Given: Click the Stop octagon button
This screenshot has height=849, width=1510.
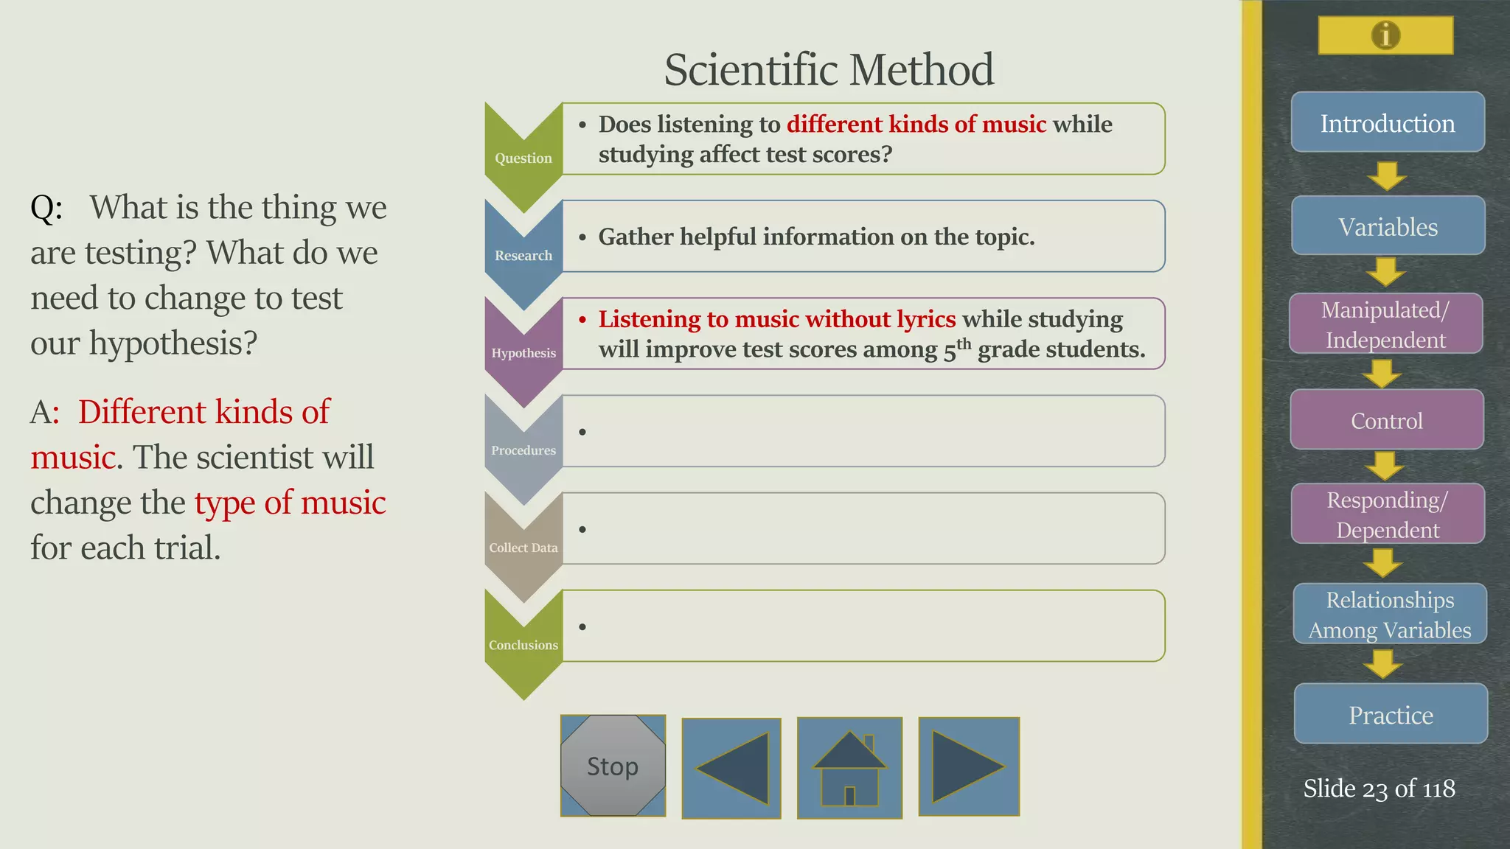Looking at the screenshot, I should coord(613,766).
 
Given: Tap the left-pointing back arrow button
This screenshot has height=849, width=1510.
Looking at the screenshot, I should coord(731,768).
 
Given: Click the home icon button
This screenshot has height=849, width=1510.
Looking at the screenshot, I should coord(849,768).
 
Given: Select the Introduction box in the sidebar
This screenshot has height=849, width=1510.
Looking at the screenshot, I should coord(1388,122).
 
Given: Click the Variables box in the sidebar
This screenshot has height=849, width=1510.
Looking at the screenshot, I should coord(1388,226).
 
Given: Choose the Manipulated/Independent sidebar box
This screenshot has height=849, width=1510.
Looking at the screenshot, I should coord(1385,324).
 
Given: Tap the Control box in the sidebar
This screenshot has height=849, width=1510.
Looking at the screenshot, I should coord(1386,419).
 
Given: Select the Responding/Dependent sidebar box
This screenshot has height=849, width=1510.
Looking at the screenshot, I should coord(1387,514).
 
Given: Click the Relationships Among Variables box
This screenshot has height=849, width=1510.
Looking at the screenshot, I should coord(1389,614).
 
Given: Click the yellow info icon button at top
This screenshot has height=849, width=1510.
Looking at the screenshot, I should coord(1385,35).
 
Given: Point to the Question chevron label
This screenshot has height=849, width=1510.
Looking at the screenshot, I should coord(523,158).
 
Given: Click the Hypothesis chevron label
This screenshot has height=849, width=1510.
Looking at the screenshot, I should coord(523,352).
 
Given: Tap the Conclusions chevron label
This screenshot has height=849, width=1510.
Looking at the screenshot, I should coord(523,645).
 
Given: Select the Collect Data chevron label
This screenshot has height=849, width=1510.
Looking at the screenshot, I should coord(523,548).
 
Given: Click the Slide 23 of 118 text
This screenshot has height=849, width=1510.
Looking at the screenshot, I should coord(1379,789).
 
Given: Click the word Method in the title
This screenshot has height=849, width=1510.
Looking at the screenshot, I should coord(922,70).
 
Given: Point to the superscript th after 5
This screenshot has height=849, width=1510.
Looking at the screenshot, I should coord(964,343).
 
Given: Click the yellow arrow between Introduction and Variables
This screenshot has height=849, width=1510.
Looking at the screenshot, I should coord(1387,175).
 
